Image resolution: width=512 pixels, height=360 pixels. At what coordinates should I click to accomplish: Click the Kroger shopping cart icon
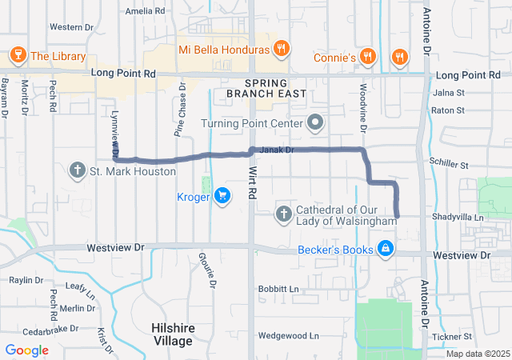click(x=222, y=196)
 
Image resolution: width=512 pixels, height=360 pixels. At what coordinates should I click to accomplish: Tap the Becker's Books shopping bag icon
click(x=386, y=250)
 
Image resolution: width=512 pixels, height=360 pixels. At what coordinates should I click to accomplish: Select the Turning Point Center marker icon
click(x=315, y=124)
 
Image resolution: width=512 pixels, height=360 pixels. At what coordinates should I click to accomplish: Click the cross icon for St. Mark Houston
click(x=78, y=170)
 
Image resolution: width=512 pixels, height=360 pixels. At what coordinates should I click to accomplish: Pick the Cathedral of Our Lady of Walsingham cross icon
click(x=283, y=214)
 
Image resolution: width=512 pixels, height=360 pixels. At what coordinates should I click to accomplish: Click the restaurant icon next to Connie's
click(x=367, y=58)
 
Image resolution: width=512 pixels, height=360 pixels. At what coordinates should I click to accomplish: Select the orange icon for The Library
click(x=16, y=56)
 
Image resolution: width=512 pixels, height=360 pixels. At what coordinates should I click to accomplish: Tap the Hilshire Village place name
click(x=172, y=334)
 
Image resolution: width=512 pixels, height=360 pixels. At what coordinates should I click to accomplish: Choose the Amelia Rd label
click(x=145, y=12)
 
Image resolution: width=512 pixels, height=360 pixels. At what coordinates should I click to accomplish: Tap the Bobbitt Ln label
click(x=278, y=288)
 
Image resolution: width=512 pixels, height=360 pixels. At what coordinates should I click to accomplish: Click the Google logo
click(x=26, y=350)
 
